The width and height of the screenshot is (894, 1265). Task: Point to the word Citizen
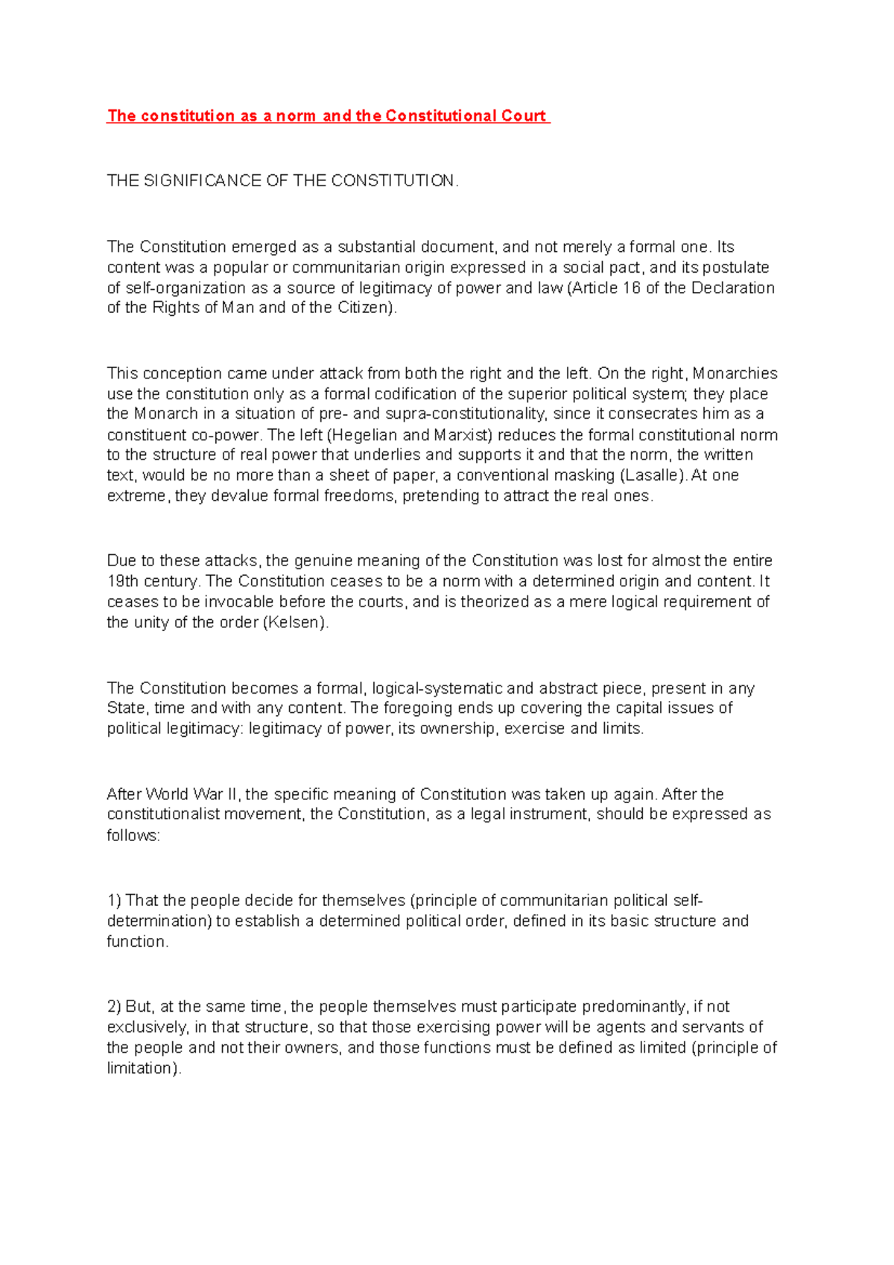coord(364,308)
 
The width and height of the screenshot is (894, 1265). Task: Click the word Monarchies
coord(735,373)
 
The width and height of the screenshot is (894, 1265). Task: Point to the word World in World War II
coord(167,794)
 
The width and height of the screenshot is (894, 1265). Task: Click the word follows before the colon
coord(132,835)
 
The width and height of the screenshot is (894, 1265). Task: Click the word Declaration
coord(733,288)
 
